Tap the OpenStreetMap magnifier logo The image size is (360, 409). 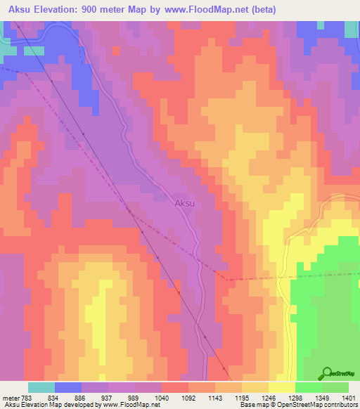point(328,372)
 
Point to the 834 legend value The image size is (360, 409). point(55,397)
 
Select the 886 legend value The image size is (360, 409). point(82,397)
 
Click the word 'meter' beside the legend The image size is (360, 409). point(11,397)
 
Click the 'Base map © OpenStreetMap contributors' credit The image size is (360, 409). point(297,405)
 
